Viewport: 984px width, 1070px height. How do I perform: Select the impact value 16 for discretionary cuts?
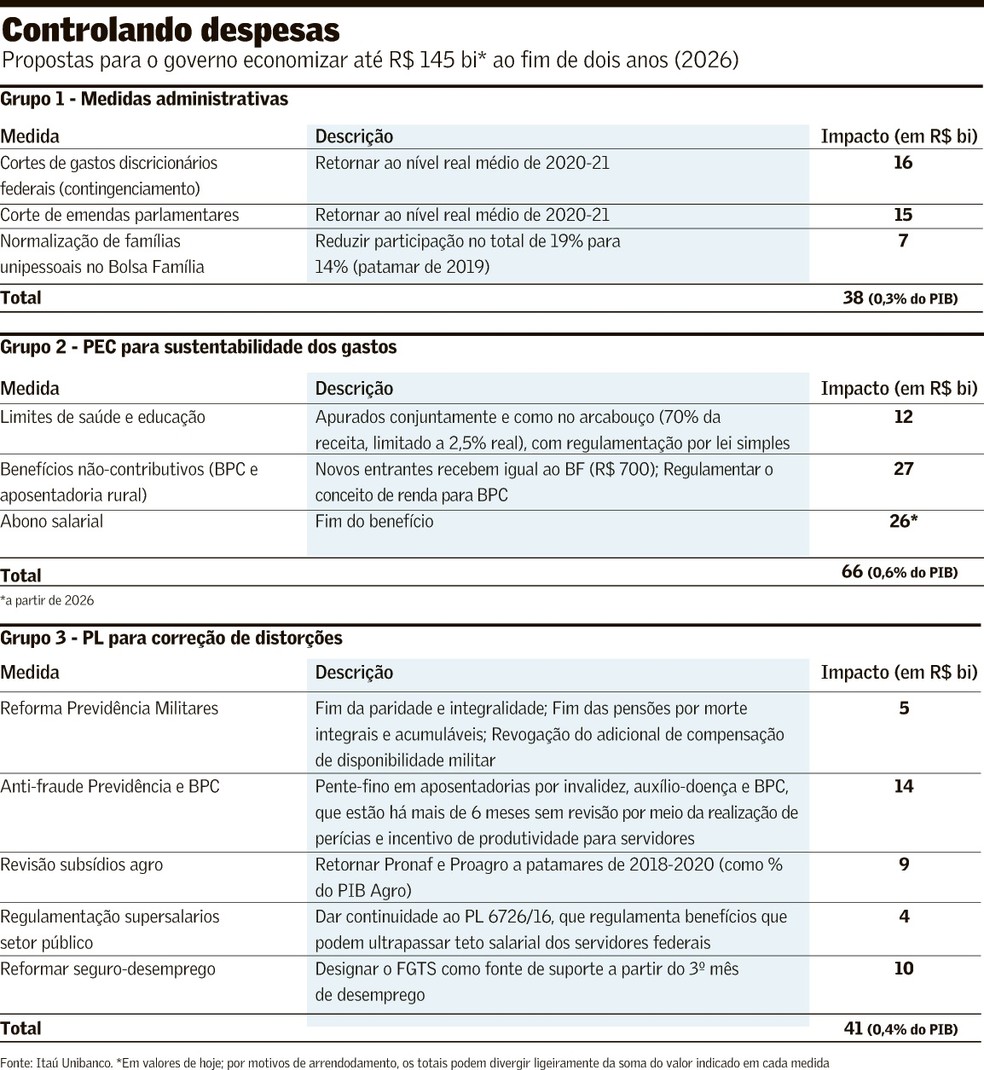pos(903,162)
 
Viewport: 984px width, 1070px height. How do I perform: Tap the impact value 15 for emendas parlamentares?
pos(903,214)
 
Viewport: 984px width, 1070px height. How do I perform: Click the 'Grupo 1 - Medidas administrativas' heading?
pos(144,99)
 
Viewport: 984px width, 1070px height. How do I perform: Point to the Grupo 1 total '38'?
pos(852,297)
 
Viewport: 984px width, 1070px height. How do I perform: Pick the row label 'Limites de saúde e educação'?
pos(103,417)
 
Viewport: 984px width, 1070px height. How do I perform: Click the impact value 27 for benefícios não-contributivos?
pos(903,468)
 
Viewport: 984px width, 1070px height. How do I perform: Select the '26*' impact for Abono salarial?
pos(903,521)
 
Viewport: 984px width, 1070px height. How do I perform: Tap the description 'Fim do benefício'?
pos(374,521)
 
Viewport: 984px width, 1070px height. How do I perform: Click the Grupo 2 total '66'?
pos(852,572)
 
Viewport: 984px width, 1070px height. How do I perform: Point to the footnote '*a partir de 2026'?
pos(47,600)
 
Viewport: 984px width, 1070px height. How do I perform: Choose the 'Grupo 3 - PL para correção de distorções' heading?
pos(171,637)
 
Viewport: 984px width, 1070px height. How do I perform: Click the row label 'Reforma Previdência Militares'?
pos(109,708)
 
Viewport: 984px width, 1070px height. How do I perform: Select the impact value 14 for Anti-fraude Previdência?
pos(903,786)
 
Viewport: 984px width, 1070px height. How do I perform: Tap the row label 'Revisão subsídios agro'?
pos(82,864)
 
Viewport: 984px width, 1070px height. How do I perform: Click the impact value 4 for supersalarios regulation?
pos(904,916)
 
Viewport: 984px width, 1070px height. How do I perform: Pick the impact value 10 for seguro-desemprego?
pos(903,968)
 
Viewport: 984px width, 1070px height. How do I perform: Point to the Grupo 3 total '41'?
pos(852,1028)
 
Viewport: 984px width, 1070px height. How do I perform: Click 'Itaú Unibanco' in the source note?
pos(72,1061)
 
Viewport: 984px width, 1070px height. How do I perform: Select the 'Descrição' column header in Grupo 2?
pos(354,388)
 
